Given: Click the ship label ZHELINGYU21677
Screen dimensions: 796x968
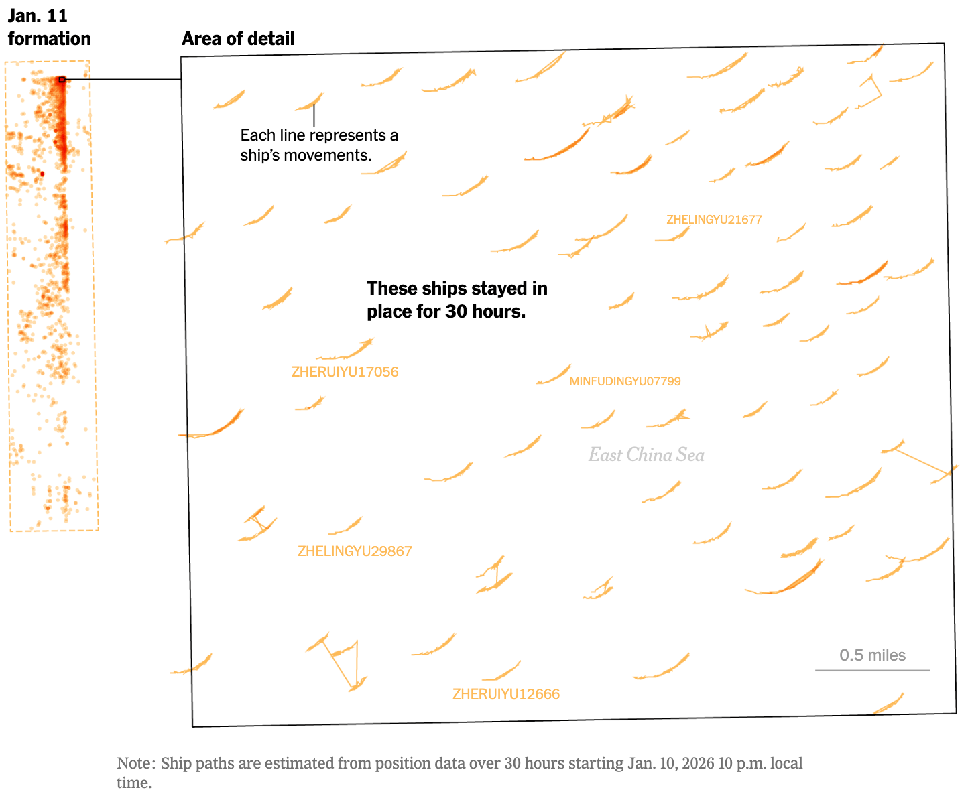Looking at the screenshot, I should point(714,220).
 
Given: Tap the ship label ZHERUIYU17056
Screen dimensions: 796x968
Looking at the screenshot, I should point(345,372).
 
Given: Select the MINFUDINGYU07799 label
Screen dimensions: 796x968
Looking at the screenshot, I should point(625,381).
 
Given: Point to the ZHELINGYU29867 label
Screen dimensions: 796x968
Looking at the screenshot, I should point(355,551).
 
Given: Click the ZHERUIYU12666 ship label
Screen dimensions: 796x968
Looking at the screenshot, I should point(505,694).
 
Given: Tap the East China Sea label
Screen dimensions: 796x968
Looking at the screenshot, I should point(646,455).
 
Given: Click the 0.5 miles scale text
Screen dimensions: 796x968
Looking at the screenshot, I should point(872,655).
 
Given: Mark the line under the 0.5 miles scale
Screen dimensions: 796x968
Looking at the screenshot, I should point(872,669).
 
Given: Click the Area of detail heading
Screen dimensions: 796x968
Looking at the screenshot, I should point(238,39).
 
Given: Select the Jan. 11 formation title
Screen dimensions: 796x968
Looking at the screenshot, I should point(49,27).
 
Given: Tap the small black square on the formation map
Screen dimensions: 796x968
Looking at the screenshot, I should point(62,80).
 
